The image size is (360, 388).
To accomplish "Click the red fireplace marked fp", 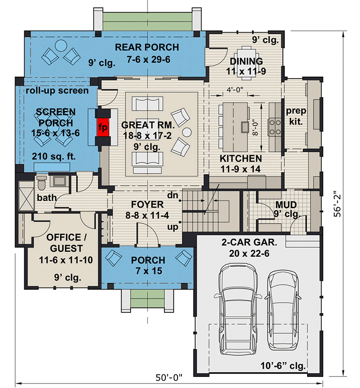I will [102, 127].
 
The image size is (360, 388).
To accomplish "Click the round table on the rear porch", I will [61, 46].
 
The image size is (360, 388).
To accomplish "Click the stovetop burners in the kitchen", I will [275, 127].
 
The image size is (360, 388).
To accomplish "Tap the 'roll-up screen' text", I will [57, 90].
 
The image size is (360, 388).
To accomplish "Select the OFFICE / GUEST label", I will [63, 242].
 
